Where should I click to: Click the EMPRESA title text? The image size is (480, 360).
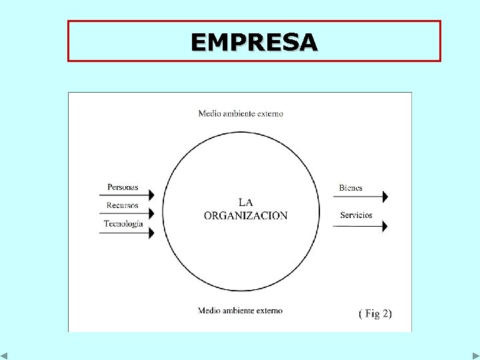pos(254,42)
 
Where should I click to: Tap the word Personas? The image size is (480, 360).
pos(123,187)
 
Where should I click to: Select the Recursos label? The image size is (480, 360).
pos(123,205)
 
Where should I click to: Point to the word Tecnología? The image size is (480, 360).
pos(123,224)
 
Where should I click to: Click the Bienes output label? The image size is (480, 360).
pos(351,188)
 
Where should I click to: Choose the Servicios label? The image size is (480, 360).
pos(356,215)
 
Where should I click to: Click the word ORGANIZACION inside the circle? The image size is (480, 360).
pos(245,216)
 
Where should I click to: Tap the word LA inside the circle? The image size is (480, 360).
pos(245,202)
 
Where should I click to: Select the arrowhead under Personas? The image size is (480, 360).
pos(151,195)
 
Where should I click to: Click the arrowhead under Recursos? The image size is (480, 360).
pos(151,213)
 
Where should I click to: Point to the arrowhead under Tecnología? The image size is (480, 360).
pos(151,233)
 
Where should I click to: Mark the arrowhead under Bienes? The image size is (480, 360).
pos(383,197)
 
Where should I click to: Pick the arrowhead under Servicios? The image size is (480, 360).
pos(383,227)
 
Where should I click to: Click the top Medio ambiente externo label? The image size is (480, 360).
pos(241,113)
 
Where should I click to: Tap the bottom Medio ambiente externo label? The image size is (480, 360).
pos(241,311)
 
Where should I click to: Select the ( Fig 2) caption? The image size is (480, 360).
pos(375,313)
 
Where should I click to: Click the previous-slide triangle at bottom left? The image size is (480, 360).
pos(4,355)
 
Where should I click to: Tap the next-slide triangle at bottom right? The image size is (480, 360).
pos(475,355)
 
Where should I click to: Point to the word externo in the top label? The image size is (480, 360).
pos(269,113)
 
